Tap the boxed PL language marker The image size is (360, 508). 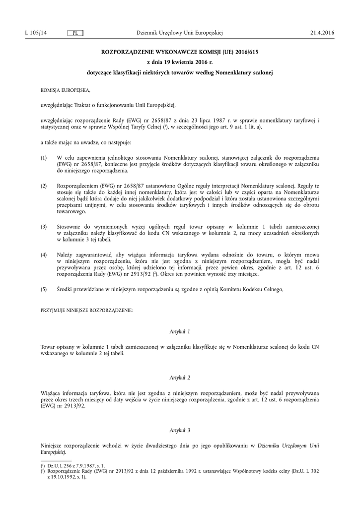pyautogui.click(x=75, y=33)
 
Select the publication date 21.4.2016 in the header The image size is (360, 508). pyautogui.click(x=322, y=33)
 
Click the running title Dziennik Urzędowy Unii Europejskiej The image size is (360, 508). pyautogui.click(x=179, y=33)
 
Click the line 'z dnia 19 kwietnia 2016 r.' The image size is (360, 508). pyautogui.click(x=180, y=62)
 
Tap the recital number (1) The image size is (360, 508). pyautogui.click(x=44, y=157)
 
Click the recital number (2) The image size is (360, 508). pyautogui.click(x=44, y=186)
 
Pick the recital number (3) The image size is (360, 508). pyautogui.click(x=44, y=227)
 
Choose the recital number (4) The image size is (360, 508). pyautogui.click(x=44, y=255)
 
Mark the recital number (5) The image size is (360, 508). pyautogui.click(x=44, y=289)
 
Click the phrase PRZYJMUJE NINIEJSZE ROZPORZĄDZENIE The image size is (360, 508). pyautogui.click(x=86, y=310)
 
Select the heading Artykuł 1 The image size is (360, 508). pyautogui.click(x=180, y=331)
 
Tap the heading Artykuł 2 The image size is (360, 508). pyautogui.click(x=180, y=378)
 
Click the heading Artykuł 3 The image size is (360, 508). pyautogui.click(x=180, y=430)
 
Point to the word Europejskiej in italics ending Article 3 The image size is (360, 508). pyautogui.click(x=53, y=452)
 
